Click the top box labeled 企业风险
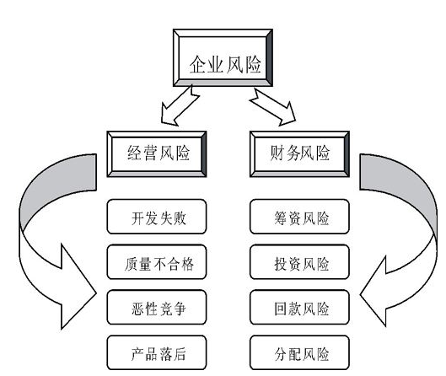[x=223, y=57]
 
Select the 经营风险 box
[x=157, y=154]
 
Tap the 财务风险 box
[x=299, y=154]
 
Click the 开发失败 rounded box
[x=157, y=217]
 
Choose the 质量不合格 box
[x=157, y=262]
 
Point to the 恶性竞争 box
[x=157, y=307]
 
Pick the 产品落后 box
[x=157, y=352]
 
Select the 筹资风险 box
[x=299, y=217]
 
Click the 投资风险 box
[x=299, y=262]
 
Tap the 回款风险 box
[x=299, y=307]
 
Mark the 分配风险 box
[x=299, y=352]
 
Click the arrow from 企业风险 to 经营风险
[x=179, y=106]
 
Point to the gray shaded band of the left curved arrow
[x=54, y=182]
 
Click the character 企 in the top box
[x=198, y=65]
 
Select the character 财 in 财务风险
[x=277, y=153]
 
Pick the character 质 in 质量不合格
[x=132, y=264]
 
